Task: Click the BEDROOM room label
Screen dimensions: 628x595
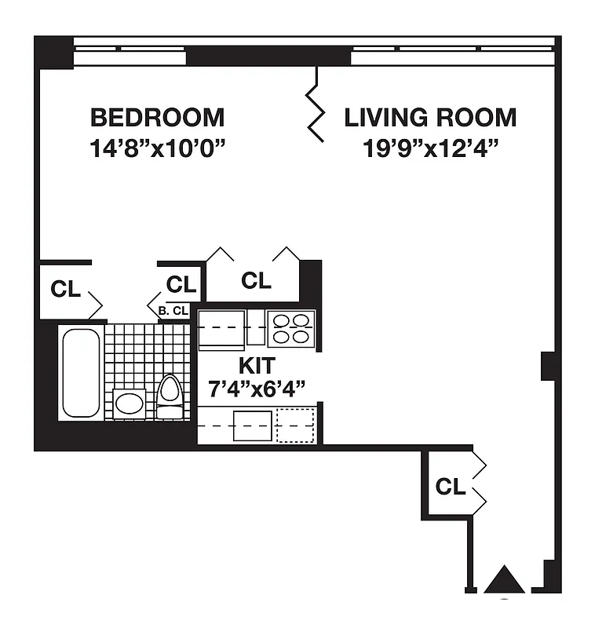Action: pyautogui.click(x=157, y=118)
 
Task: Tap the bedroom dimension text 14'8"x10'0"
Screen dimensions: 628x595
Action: pyautogui.click(x=157, y=148)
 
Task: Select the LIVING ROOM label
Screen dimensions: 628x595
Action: pyautogui.click(x=430, y=118)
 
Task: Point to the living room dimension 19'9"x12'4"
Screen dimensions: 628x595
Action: pyautogui.click(x=430, y=148)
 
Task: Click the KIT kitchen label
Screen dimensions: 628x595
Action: pyautogui.click(x=256, y=365)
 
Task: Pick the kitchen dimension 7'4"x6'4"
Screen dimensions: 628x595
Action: pyautogui.click(x=256, y=387)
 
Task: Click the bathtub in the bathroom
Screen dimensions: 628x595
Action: pyautogui.click(x=81, y=373)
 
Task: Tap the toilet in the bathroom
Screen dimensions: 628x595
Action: pyautogui.click(x=170, y=396)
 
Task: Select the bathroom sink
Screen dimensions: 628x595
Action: pyautogui.click(x=129, y=403)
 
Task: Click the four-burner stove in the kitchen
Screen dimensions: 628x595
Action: pyautogui.click(x=291, y=328)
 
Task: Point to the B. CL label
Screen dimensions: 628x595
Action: pyautogui.click(x=173, y=311)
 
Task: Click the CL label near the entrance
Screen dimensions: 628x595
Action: pyautogui.click(x=450, y=487)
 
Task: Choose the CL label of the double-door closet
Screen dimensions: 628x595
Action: pyautogui.click(x=256, y=280)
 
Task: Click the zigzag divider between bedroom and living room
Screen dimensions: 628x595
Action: pyautogui.click(x=316, y=104)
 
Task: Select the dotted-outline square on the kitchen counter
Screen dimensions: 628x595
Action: pyautogui.click(x=296, y=425)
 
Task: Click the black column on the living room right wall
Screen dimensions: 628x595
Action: pyautogui.click(x=549, y=367)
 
